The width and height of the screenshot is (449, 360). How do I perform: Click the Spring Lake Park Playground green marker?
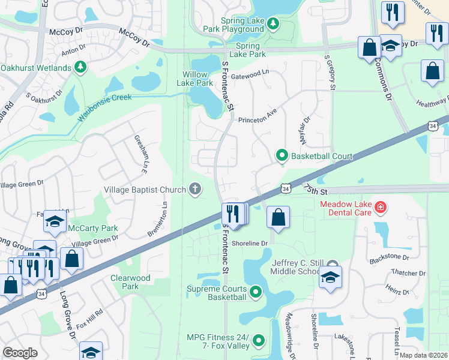[273, 23]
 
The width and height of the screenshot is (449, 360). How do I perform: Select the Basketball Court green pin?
[282, 156]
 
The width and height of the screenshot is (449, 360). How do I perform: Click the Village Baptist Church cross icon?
[194, 190]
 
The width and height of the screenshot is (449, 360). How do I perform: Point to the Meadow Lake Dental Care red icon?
[379, 208]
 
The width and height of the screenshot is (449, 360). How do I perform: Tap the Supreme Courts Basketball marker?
[256, 292]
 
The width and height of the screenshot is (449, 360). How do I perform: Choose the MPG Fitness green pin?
[259, 340]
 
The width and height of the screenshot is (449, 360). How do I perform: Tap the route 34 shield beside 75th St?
[286, 189]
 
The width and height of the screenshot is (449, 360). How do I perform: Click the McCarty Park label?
[94, 228]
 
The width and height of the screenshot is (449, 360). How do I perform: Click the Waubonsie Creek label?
[103, 106]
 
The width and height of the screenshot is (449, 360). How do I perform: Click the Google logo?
[20, 353]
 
